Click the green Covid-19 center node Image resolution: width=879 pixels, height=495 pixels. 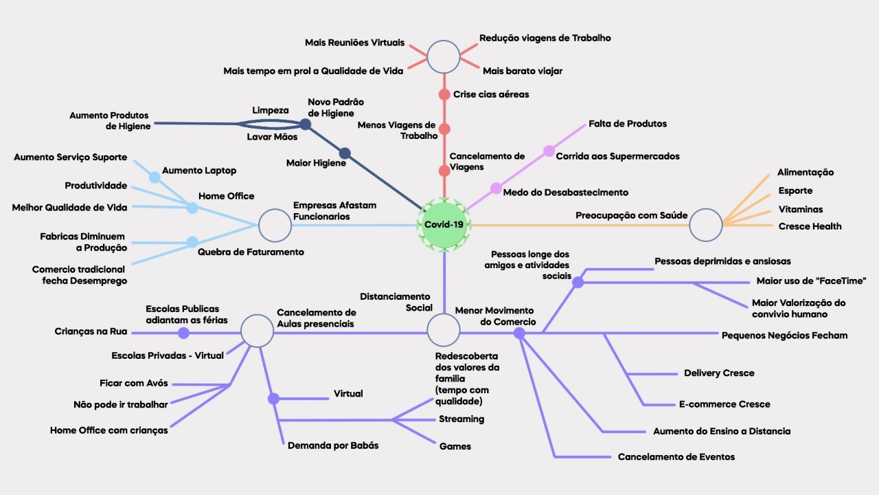click(444, 225)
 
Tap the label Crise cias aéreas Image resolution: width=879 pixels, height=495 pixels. click(491, 94)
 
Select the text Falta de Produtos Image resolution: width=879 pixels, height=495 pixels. click(628, 124)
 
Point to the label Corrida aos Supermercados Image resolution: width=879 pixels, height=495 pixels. click(617, 156)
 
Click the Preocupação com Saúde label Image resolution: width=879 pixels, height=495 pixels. click(631, 215)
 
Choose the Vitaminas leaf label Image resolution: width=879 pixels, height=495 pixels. click(800, 209)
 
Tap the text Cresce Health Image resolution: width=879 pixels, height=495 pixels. click(810, 226)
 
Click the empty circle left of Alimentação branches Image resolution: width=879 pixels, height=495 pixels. click(706, 225)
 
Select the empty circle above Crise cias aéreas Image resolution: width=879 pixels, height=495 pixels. click(444, 57)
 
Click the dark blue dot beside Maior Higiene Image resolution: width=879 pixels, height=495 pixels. click(345, 153)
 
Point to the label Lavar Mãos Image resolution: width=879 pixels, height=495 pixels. click(272, 137)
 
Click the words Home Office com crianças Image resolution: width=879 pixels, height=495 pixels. click(109, 430)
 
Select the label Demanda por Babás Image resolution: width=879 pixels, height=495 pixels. click(333, 445)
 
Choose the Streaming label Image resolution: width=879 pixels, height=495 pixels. click(461, 419)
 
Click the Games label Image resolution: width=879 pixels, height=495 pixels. click(455, 446)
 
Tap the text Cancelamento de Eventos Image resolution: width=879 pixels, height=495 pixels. click(676, 456)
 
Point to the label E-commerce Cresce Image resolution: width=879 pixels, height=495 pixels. click(724, 404)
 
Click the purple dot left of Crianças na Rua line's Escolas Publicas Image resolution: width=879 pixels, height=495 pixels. click(183, 333)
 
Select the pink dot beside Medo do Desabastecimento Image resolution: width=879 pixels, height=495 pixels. click(496, 188)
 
